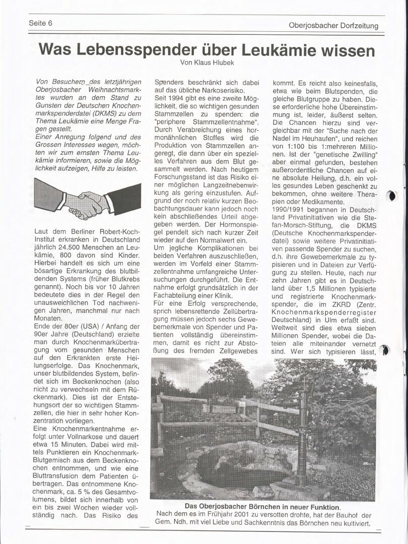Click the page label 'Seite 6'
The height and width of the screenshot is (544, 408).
41,23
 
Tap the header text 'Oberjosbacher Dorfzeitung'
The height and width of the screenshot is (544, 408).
333,26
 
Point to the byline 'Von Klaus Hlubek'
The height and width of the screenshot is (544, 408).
207,62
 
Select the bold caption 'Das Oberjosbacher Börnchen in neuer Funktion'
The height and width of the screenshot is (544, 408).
262,507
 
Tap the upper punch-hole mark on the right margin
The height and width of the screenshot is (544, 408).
393,196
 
